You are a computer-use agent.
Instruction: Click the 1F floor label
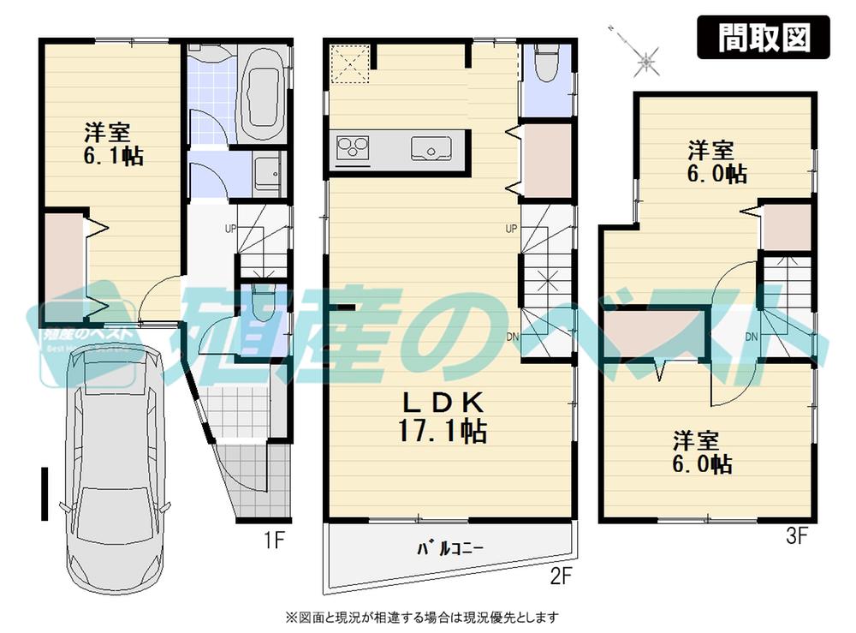[x=273, y=540]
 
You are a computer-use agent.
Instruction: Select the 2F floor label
[x=560, y=576]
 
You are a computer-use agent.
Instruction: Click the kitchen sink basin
[x=431, y=149]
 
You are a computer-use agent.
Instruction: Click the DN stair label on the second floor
[x=512, y=336]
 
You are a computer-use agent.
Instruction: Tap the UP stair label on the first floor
[x=230, y=229]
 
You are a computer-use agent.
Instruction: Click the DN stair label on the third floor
[x=751, y=336]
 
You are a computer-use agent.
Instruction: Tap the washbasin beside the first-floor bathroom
[x=268, y=172]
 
